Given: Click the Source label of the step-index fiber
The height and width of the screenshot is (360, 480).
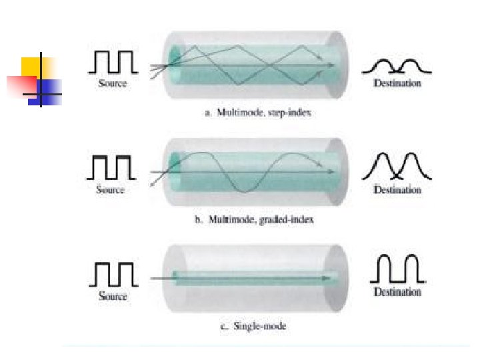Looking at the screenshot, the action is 113,83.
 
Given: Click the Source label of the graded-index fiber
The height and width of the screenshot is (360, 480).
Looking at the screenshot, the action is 110,190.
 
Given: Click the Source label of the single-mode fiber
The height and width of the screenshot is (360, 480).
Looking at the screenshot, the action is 113,296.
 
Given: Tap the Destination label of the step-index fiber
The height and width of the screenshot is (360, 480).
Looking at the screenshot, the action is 397,83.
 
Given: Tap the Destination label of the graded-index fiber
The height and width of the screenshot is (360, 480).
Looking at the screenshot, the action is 397,190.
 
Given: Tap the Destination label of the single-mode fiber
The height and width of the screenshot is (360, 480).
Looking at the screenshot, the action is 397,292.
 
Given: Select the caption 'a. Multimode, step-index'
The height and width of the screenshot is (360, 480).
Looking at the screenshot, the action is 257,113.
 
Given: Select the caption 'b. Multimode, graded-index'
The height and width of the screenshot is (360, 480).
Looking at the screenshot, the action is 254,219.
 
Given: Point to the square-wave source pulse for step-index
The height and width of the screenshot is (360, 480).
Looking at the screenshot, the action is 113,62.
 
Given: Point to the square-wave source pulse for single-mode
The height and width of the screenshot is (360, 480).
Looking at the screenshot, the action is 113,273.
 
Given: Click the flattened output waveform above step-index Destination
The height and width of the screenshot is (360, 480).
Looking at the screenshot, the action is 397,65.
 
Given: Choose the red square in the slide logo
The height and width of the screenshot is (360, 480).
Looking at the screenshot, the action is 21,85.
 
